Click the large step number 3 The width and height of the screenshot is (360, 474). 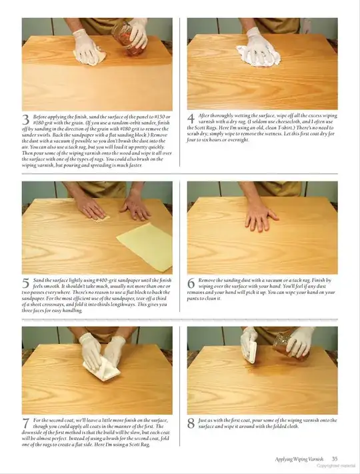[26, 121]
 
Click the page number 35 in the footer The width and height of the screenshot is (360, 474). [335, 459]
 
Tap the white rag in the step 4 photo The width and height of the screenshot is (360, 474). [257, 50]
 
